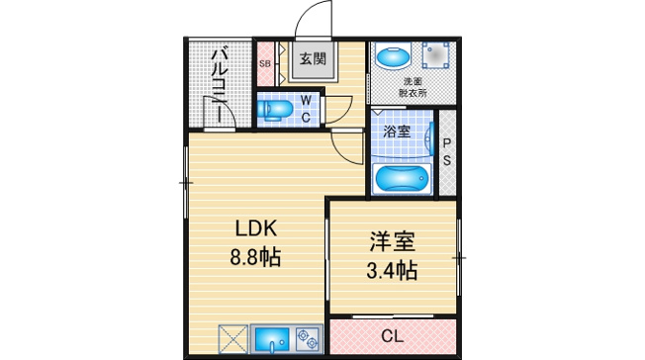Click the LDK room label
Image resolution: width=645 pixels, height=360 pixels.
pos(255,228)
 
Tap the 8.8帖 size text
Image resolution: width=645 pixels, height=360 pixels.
pos(255,258)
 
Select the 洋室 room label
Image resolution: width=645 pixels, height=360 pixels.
pos(392,241)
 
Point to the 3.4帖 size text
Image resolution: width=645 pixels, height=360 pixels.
pos(392,271)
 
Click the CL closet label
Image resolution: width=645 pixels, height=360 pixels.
pos(392,336)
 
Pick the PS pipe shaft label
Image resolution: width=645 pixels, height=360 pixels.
pos(447,151)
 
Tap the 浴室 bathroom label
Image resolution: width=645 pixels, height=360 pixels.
pos(397,132)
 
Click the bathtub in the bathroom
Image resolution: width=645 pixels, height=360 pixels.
pos(402,178)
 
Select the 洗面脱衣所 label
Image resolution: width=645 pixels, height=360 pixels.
pos(413,87)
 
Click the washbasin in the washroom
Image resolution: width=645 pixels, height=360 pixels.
pos(394,55)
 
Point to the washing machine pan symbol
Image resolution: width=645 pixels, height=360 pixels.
pos(435,55)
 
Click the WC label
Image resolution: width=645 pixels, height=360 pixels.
pos(306,109)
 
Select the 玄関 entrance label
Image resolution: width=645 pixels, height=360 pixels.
pos(313,59)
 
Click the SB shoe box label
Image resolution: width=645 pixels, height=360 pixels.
pos(264,64)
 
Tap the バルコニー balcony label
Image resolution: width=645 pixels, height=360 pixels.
pos(220,86)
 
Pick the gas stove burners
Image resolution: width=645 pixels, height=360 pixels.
pos(308,339)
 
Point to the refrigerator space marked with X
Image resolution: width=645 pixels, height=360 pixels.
pos(232,339)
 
